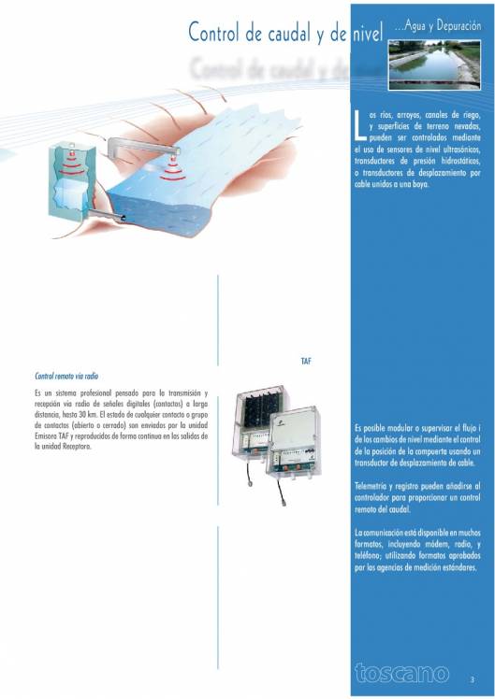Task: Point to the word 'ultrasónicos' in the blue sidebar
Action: tap(456, 149)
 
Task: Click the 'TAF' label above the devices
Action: tap(305, 360)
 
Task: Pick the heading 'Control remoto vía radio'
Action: tap(66, 377)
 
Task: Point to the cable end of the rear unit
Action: tap(254, 493)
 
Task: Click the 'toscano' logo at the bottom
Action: tap(400, 672)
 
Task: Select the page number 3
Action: tap(472, 678)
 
